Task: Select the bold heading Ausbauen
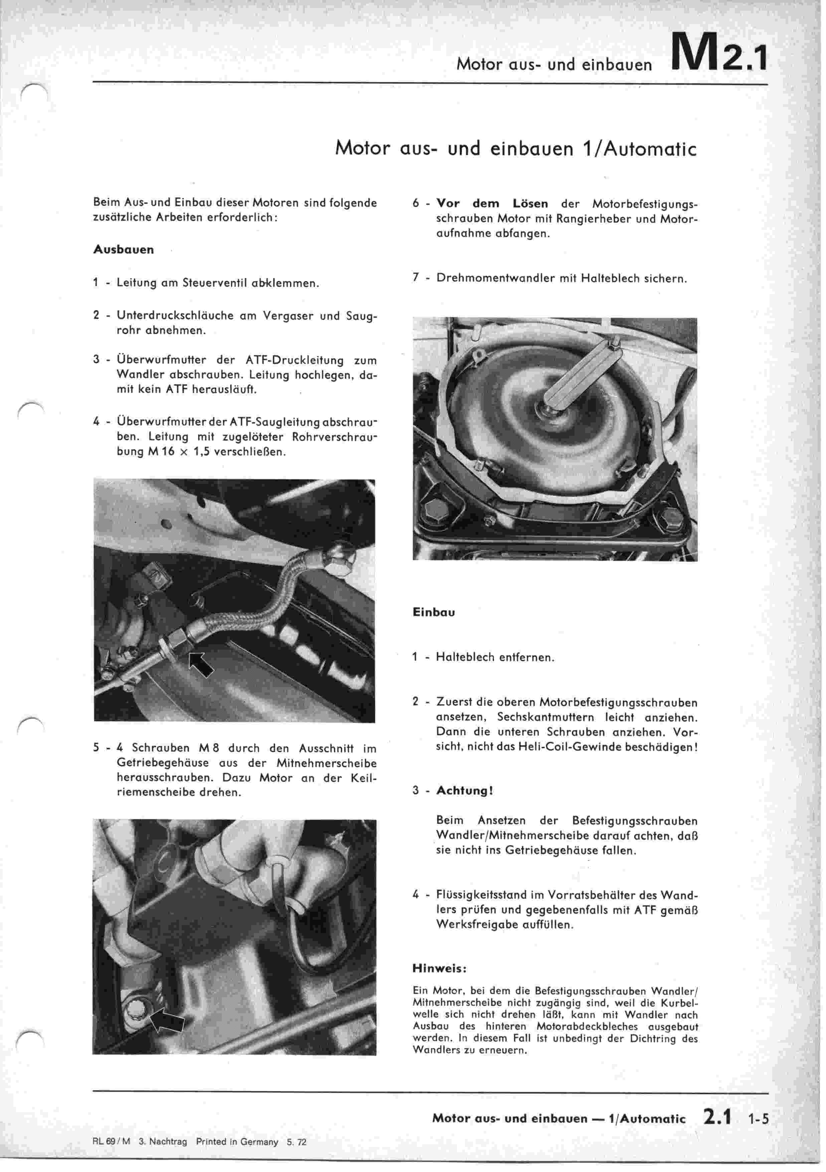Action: (x=124, y=250)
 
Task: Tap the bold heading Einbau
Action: (x=433, y=612)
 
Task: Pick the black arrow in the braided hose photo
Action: (x=200, y=664)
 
